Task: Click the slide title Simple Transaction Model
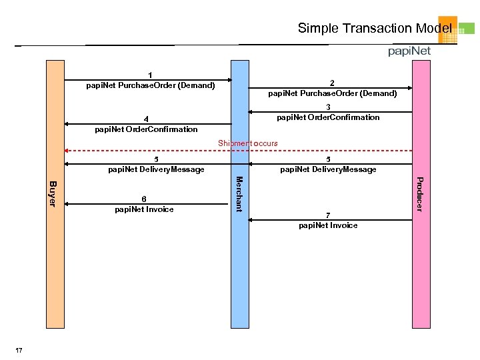(374, 28)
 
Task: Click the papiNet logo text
(409, 51)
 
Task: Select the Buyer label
(55, 193)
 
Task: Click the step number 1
(151, 75)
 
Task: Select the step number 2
(332, 83)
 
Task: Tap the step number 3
(328, 107)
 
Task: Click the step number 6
(144, 199)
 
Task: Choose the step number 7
(327, 215)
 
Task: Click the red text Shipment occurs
(248, 143)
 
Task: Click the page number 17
(19, 351)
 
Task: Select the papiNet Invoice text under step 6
(144, 209)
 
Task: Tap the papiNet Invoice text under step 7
(328, 225)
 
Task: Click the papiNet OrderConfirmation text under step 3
(328, 117)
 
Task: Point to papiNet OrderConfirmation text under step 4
(146, 129)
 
